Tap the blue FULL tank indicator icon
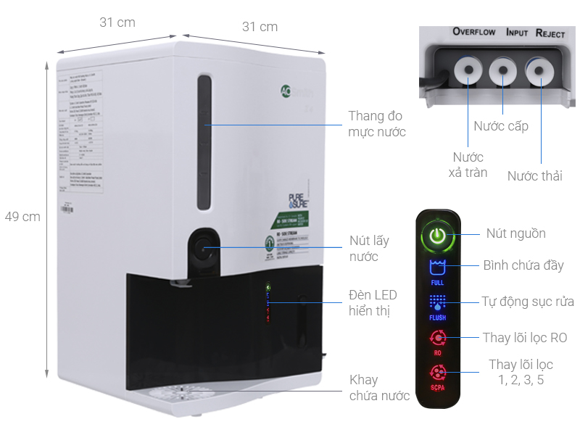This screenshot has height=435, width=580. (x=437, y=266)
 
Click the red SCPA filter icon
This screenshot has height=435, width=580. (x=437, y=373)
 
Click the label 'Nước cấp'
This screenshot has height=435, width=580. (x=501, y=126)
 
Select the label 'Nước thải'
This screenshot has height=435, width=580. (x=535, y=175)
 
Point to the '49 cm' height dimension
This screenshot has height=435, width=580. (x=22, y=216)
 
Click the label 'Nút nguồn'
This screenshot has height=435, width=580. (x=515, y=233)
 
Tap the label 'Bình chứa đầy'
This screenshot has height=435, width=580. (x=523, y=265)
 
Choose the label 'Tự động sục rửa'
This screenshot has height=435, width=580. (x=528, y=302)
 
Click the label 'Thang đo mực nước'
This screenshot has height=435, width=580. (x=376, y=123)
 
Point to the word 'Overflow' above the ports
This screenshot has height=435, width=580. (x=473, y=32)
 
